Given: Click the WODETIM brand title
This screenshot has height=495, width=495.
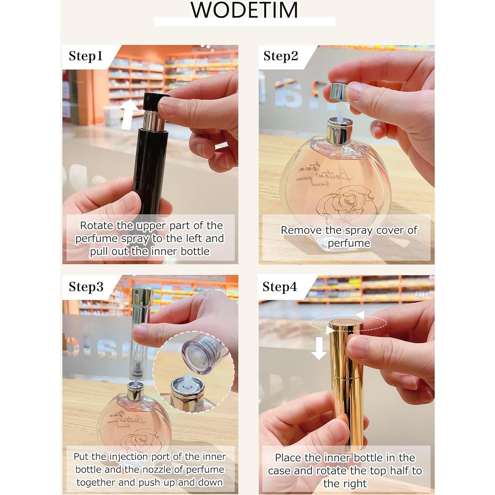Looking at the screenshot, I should click(244, 10).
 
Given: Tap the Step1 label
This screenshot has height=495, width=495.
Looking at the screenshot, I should click(85, 56).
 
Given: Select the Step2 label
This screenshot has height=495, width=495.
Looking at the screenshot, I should click(280, 56).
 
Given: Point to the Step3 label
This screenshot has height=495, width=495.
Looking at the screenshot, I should click(86, 287).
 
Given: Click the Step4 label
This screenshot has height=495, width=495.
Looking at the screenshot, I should click(279, 287).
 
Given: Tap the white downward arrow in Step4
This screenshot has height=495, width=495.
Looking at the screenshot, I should click(319, 348).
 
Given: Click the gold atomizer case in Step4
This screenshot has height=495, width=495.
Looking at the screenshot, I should click(346, 379).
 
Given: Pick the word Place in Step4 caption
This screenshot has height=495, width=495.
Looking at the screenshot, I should click(289, 458).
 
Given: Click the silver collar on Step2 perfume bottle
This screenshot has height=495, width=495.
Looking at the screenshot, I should click(339, 131).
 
